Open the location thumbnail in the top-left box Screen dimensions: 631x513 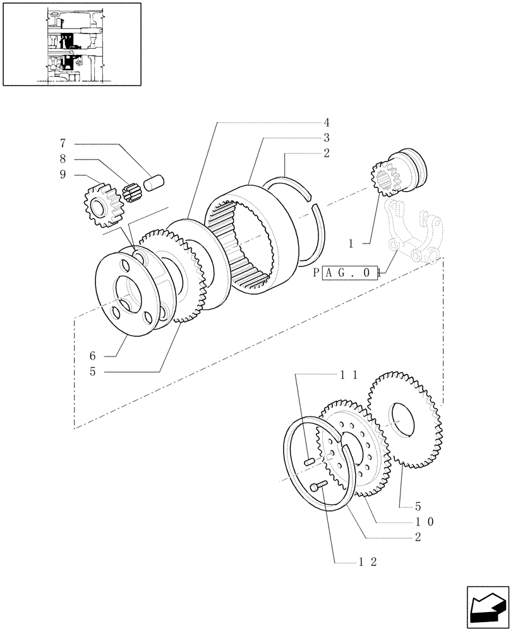pos(71,43)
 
